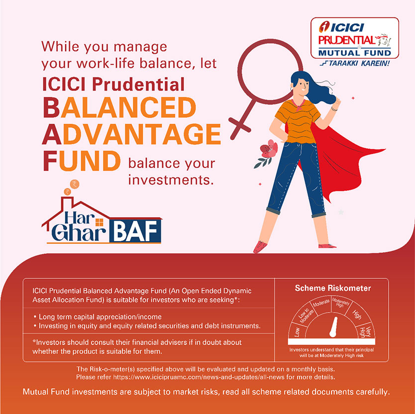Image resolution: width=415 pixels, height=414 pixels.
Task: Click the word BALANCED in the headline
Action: point(119,107)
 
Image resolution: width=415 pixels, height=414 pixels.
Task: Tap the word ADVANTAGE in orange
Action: point(132,135)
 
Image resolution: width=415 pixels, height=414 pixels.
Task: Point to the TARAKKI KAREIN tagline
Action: point(354,64)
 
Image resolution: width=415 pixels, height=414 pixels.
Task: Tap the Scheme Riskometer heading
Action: point(332,288)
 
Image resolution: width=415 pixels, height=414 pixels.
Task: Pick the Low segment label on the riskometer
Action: point(297,332)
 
